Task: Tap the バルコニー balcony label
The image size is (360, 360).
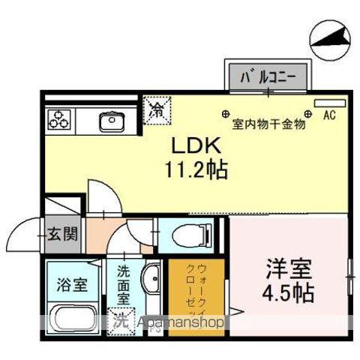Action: pos(268,76)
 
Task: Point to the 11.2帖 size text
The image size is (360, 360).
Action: pos(197,168)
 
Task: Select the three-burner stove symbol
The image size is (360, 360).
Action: pos(59,118)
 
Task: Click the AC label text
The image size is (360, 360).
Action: pos(328,116)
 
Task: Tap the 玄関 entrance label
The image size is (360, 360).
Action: pos(63,233)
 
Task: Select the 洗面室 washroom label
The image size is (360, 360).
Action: pos(123,286)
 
